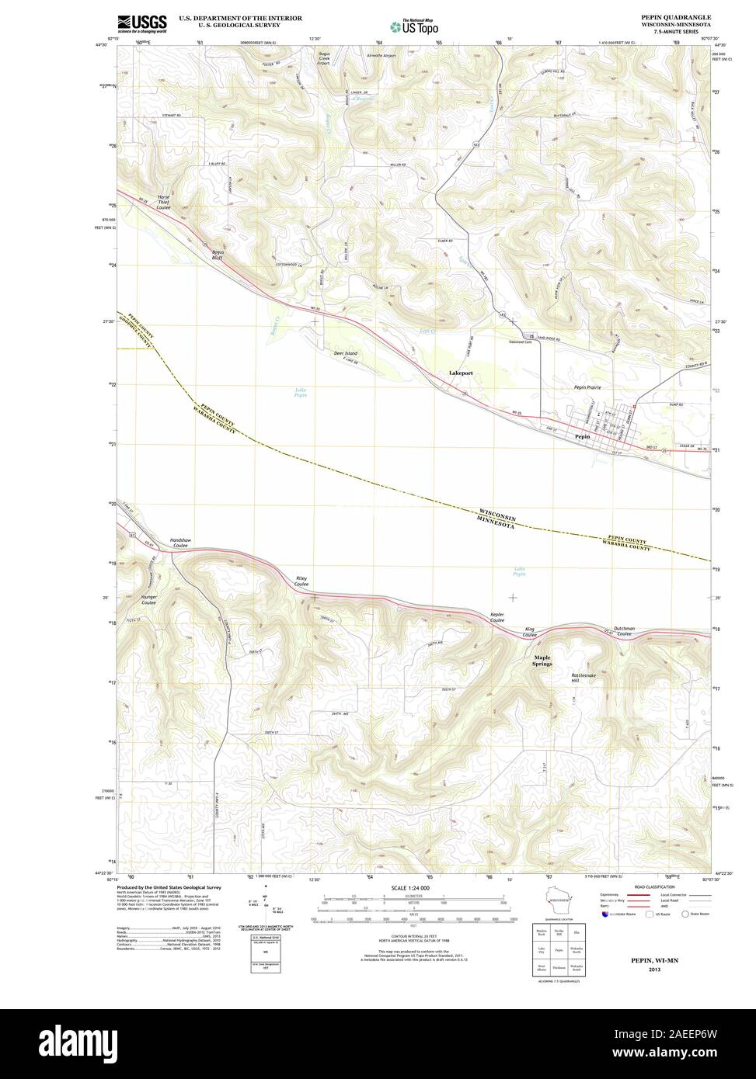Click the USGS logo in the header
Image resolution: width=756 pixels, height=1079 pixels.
[141, 23]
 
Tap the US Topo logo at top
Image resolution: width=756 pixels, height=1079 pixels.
[415, 26]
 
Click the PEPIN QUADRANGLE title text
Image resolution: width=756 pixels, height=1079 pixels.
[675, 16]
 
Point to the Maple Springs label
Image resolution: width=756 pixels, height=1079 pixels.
[542, 661]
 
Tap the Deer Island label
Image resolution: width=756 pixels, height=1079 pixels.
[345, 353]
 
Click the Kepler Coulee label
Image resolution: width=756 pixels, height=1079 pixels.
[497, 617]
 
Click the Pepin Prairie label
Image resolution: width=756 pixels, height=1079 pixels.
[587, 387]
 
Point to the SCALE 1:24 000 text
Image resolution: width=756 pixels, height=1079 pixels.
[410, 887]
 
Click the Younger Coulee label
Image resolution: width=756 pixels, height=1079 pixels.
[148, 600]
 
